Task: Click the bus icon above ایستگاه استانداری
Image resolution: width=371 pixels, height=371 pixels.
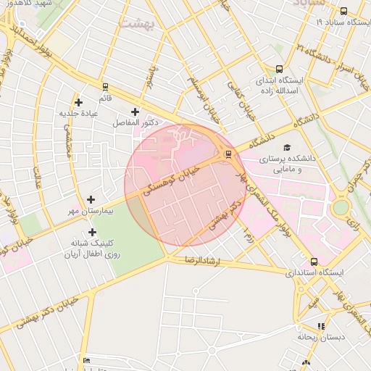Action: pos(314,262)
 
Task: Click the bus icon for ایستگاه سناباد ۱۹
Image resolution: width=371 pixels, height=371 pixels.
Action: pos(343,11)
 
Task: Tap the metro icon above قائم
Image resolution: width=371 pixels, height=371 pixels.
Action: pos(105,86)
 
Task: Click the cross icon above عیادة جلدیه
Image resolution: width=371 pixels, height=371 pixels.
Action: pos(78,102)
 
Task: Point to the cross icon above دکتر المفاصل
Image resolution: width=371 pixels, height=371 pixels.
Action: pos(135,112)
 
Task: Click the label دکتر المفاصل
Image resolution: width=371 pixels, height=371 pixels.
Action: pos(135,123)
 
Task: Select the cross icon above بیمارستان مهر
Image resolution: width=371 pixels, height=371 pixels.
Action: pos(91,199)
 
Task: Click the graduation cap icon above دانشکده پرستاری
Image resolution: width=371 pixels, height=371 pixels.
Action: pos(286,147)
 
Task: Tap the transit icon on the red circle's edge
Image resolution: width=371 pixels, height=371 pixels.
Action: pos(228,153)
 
